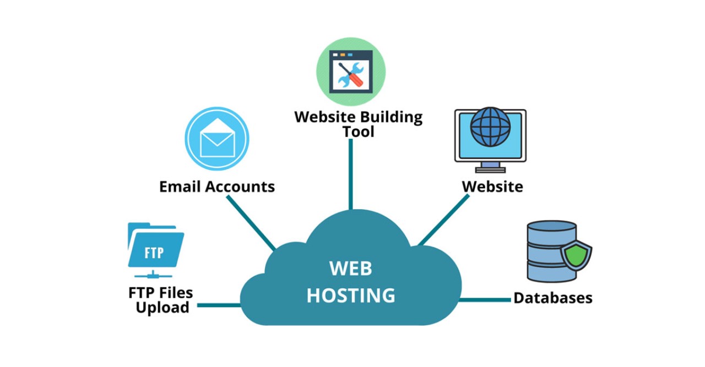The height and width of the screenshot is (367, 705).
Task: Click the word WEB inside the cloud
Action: pyautogui.click(x=351, y=269)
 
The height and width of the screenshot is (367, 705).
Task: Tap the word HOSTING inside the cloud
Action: pyautogui.click(x=351, y=295)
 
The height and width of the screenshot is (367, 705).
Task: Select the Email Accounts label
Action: pyautogui.click(x=217, y=187)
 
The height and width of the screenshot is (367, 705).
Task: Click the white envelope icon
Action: pyautogui.click(x=217, y=139)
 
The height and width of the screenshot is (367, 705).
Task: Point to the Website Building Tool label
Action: pyautogui.click(x=358, y=124)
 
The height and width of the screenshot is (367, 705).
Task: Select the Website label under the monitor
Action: pyautogui.click(x=492, y=187)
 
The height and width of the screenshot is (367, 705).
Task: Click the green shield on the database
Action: pyautogui.click(x=576, y=256)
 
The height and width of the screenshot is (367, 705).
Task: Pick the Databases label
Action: pyautogui.click(x=553, y=298)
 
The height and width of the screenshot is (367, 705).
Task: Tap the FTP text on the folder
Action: pyautogui.click(x=154, y=253)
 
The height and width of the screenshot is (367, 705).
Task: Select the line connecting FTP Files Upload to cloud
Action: pyautogui.click(x=219, y=305)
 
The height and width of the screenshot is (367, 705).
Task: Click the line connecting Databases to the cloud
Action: pyautogui.click(x=485, y=300)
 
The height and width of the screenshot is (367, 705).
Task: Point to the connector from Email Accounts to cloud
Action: pyautogui.click(x=251, y=223)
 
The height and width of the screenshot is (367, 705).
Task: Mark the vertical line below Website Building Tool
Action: pyautogui.click(x=351, y=173)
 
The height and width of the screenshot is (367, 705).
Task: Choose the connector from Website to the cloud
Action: pyautogui.click(x=444, y=220)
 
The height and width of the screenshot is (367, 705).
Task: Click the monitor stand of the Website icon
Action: pyautogui.click(x=490, y=166)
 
